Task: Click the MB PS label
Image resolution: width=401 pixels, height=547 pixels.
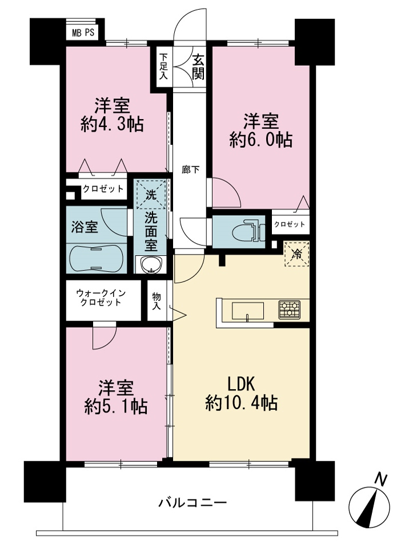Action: point(83,33)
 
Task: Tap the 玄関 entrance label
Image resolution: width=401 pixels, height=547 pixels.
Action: point(198,68)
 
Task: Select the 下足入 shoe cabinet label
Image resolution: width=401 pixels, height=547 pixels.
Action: point(163,66)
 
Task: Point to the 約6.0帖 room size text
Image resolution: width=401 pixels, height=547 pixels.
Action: point(260,140)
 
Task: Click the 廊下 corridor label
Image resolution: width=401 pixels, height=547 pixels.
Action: point(191,170)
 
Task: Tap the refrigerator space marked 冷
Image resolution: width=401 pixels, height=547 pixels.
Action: point(297,253)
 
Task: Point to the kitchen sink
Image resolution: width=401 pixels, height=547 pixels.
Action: point(248,311)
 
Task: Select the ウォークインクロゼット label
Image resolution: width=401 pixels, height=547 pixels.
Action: point(101,298)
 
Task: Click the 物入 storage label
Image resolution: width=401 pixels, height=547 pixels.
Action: point(157,302)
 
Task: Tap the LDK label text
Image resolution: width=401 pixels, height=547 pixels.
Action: point(242,384)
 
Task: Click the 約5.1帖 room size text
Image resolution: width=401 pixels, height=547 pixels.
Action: point(115,406)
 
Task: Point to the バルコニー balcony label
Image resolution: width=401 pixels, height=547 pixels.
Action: point(193,503)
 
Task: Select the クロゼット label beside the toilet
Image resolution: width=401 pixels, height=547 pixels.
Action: point(290,224)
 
